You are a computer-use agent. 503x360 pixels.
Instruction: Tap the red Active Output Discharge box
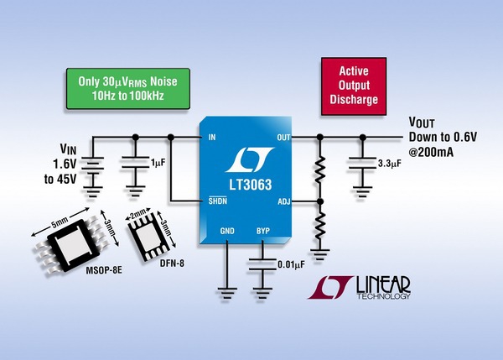(x=354, y=86)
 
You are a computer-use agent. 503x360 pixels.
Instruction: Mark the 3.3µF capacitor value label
(x=392, y=162)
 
